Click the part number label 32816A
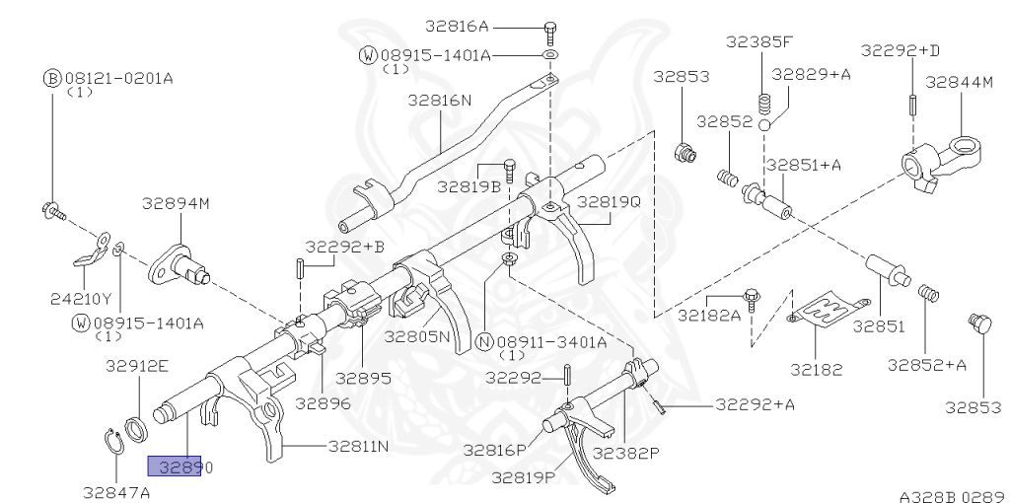click(457, 27)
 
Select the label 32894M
click(176, 204)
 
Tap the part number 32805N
click(417, 337)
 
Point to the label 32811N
click(358, 446)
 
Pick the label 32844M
click(960, 83)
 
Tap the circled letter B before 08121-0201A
click(51, 79)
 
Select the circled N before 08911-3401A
click(485, 342)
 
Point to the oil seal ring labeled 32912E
click(137, 429)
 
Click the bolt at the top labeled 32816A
click(550, 33)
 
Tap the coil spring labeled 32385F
click(763, 103)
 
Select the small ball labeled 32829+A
click(764, 124)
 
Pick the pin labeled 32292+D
click(913, 105)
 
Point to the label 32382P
click(626, 452)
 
